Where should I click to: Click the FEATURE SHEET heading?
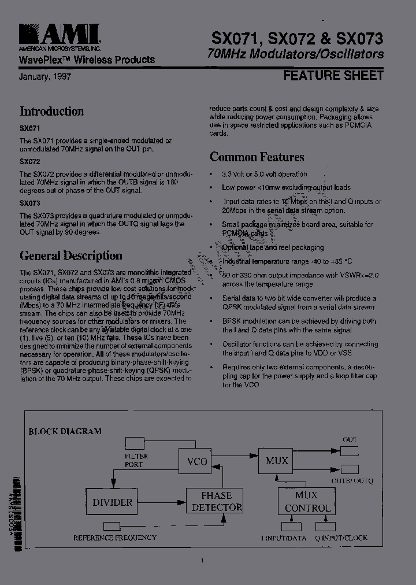point(333,75)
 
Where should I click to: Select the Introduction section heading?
point(51,112)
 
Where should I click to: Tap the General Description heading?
point(70,256)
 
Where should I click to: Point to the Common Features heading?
point(257,157)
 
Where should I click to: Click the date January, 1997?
point(45,76)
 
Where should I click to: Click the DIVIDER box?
point(113,502)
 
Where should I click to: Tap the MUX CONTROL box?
point(306,502)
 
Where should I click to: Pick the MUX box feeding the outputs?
point(277,461)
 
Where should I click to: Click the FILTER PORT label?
point(137,460)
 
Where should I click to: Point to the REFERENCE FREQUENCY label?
point(114,538)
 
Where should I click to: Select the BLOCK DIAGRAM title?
point(65,431)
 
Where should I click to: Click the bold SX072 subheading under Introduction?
point(29,162)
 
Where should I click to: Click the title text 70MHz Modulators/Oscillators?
point(295,54)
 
